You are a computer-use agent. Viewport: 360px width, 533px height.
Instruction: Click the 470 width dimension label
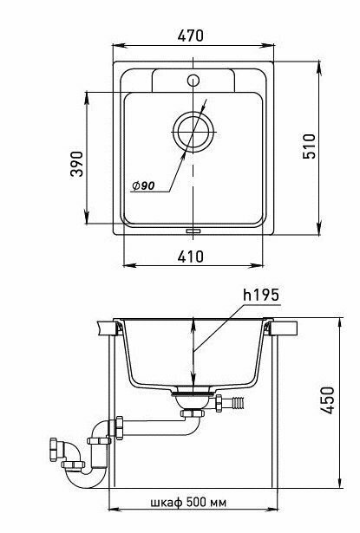tap(190, 36)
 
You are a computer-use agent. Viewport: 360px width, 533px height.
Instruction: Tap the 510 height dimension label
tap(310, 146)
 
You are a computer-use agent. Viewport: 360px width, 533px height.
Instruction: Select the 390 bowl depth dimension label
tap(76, 164)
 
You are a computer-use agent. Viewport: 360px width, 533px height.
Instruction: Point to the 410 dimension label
tap(191, 257)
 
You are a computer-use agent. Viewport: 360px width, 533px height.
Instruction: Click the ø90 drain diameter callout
tap(143, 185)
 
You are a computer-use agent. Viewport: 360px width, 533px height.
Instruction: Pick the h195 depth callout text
tap(261, 295)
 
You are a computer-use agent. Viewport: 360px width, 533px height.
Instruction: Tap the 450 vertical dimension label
tap(328, 400)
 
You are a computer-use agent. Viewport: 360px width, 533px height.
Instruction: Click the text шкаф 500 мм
tap(188, 502)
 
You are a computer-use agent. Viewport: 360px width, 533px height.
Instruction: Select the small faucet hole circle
tap(193, 81)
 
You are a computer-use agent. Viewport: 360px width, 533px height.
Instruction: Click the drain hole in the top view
tap(193, 132)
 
